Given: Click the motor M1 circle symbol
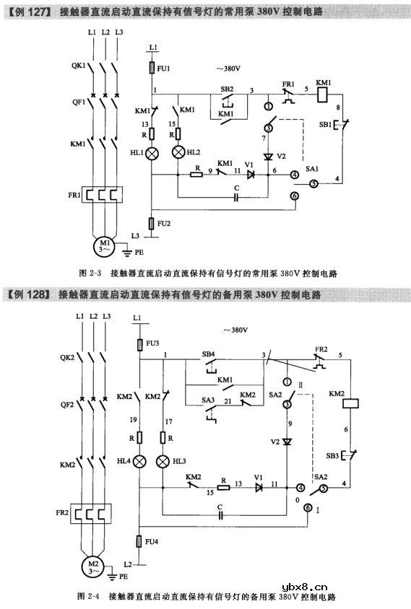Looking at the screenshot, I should click(x=106, y=245).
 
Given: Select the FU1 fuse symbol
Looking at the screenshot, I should click(x=152, y=69).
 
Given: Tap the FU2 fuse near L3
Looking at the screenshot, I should click(x=152, y=224).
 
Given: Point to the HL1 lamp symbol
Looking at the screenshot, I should click(x=152, y=154).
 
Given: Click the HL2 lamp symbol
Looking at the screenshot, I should click(x=178, y=154).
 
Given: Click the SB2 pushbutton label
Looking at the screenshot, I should click(x=226, y=88).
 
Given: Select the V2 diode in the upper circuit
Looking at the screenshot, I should click(x=268, y=157).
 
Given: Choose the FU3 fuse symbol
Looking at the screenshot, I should click(x=139, y=344).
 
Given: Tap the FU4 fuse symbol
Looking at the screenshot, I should click(x=139, y=540).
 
